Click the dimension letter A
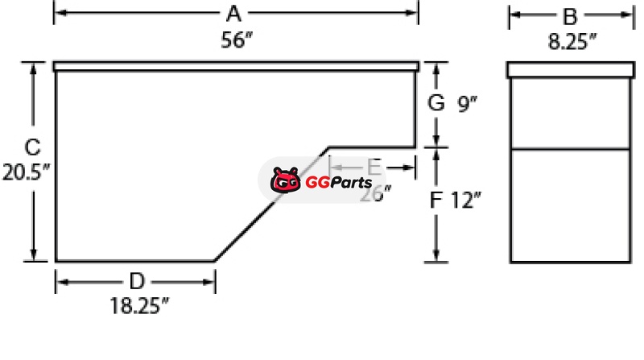coord(234,14)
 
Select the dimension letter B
coord(569,15)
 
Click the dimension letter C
coord(31,148)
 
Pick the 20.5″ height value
coord(27,173)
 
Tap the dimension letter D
coord(138,280)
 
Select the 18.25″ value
coord(139,306)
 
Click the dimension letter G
coord(436,103)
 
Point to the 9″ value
coord(468,103)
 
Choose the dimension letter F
coord(436,199)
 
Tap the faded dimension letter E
coord(374,167)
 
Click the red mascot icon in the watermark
coord(285,181)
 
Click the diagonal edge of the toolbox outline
coord(271,204)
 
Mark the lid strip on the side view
coord(569,69)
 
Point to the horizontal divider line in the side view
coord(569,148)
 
